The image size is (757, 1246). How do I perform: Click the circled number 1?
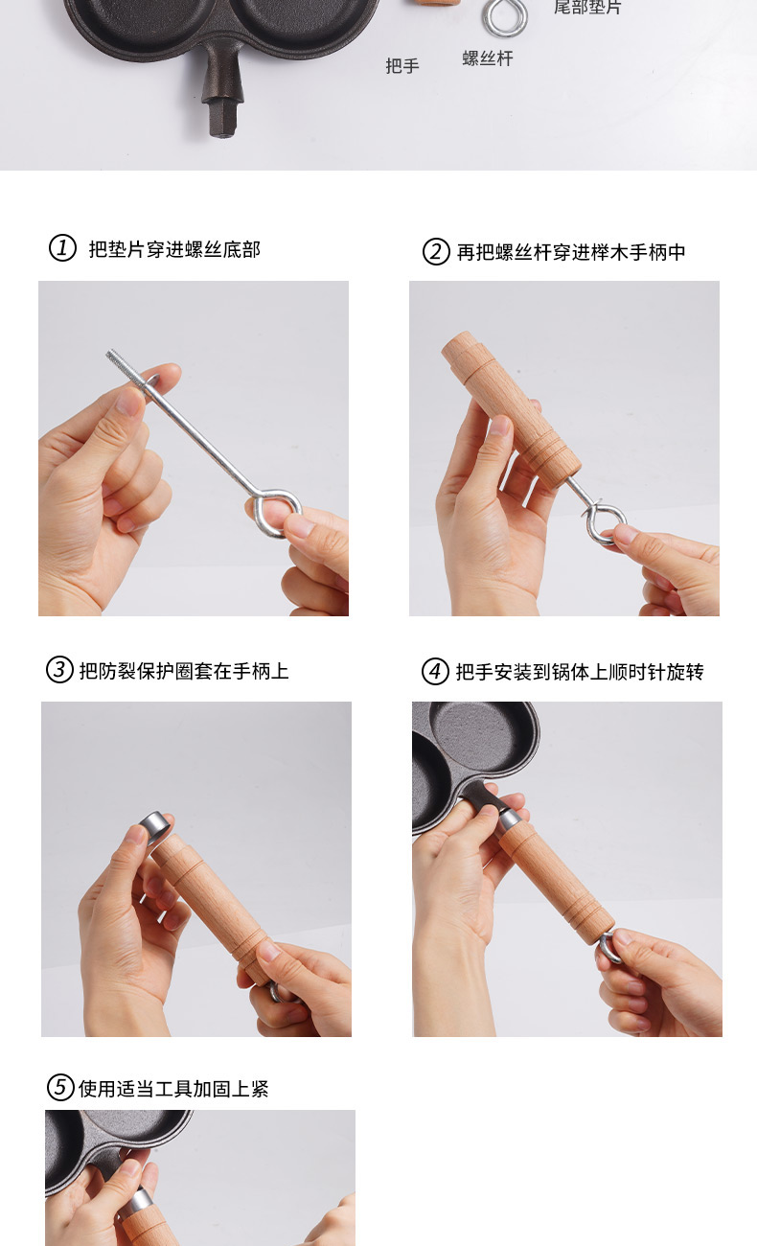pyautogui.click(x=62, y=248)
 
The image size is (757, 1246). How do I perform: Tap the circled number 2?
pyautogui.click(x=436, y=252)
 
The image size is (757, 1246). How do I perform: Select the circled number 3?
pyautogui.click(x=59, y=670)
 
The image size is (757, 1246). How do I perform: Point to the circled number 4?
pyautogui.click(x=435, y=671)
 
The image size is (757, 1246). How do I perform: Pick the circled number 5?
pyautogui.click(x=60, y=1087)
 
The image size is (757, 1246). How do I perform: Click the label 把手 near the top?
pyautogui.click(x=402, y=65)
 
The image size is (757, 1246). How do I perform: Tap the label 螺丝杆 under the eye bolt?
pyautogui.click(x=487, y=58)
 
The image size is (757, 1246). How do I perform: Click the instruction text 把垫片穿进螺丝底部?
pyautogui.click(x=174, y=249)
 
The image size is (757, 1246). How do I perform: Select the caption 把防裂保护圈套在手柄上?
pyautogui.click(x=184, y=671)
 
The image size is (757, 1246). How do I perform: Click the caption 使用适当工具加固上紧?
pyautogui.click(x=173, y=1089)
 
